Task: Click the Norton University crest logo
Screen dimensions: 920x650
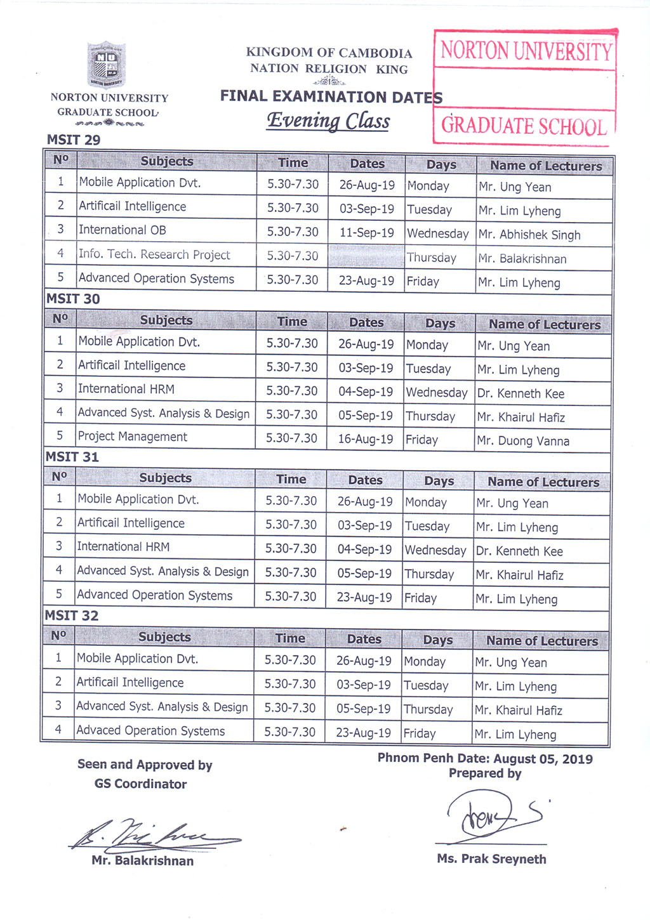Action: point(106,64)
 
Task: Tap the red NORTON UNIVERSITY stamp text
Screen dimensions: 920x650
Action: point(526,51)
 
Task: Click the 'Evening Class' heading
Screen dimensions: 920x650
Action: point(328,121)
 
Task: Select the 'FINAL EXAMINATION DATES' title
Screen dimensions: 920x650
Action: point(331,97)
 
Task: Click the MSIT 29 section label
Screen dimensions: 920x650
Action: point(74,140)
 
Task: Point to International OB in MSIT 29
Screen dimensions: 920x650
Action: point(123,230)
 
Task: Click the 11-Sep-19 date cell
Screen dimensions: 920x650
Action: point(366,233)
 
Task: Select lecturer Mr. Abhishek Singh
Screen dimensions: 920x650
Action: point(529,235)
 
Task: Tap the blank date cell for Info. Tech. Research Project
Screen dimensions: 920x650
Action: point(366,256)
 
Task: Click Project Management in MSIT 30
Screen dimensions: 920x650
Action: point(133,437)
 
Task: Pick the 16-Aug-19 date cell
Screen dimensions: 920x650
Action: point(365,439)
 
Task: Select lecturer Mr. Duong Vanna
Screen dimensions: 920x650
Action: point(523,441)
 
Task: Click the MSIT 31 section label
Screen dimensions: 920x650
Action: point(72,457)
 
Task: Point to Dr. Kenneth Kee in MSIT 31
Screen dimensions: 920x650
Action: point(519,551)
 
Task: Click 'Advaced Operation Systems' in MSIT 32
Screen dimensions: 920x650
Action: point(150,730)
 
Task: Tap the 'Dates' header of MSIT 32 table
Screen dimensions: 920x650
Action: point(364,640)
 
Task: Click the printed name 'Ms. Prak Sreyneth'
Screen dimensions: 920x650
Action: point(491,859)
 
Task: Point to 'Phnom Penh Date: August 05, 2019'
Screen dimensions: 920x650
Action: point(485,758)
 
